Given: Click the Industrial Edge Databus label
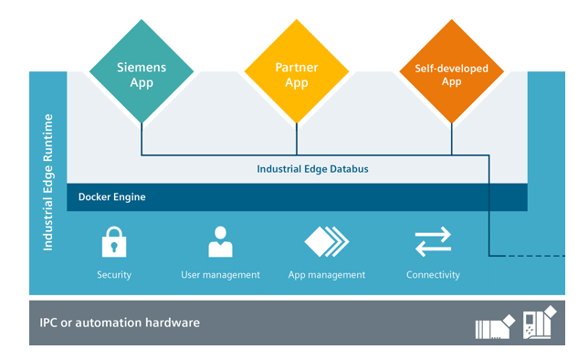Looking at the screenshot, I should point(312,169).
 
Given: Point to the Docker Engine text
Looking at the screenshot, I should point(111,196).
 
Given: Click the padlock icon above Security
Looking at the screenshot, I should point(114,243).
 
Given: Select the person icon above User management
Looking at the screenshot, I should point(220,242).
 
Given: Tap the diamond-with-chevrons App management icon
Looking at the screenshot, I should point(326,242).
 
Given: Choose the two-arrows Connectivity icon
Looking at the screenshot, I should point(433,242).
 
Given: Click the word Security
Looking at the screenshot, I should point(114,275).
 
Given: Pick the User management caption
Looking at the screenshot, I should point(220,275).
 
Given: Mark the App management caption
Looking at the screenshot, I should point(326,275).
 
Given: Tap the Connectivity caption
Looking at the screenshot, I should point(433,275).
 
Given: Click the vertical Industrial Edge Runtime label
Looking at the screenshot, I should point(49,183).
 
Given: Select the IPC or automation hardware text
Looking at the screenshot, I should point(120,323).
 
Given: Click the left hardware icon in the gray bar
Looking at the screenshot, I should point(496,324).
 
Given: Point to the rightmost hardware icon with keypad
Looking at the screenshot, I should point(538,323).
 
